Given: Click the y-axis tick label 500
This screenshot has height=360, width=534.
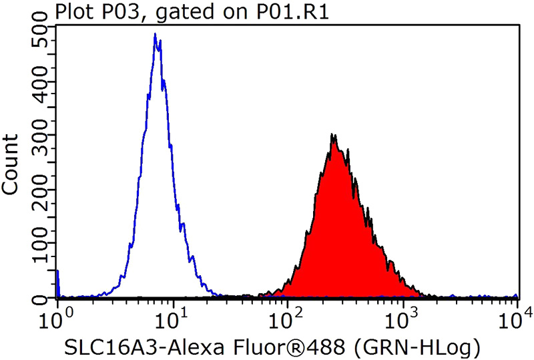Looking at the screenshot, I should pyautogui.click(x=40, y=36).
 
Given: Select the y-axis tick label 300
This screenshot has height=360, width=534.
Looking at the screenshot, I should pyautogui.click(x=40, y=140).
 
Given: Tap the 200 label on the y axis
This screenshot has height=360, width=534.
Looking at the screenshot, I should pyautogui.click(x=40, y=192).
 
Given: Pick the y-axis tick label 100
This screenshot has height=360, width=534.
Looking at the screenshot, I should pyautogui.click(x=40, y=244).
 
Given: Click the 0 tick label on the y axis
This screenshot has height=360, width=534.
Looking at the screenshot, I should pyautogui.click(x=40, y=297).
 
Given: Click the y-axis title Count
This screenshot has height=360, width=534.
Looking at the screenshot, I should pyautogui.click(x=11, y=165).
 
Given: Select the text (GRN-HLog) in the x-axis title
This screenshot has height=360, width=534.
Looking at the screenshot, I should pyautogui.click(x=427, y=347).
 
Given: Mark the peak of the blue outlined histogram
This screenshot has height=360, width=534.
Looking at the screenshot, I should pyautogui.click(x=155, y=34).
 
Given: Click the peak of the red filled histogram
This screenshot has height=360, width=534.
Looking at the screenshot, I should pyautogui.click(x=333, y=135).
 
